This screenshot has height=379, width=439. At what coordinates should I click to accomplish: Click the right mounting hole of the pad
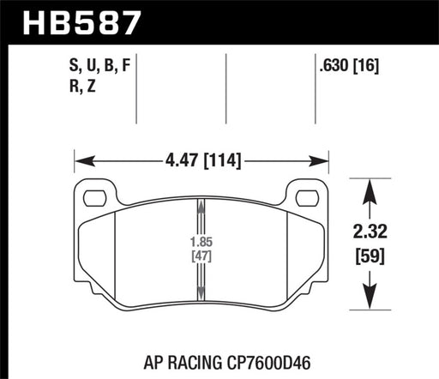pos(306,198)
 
